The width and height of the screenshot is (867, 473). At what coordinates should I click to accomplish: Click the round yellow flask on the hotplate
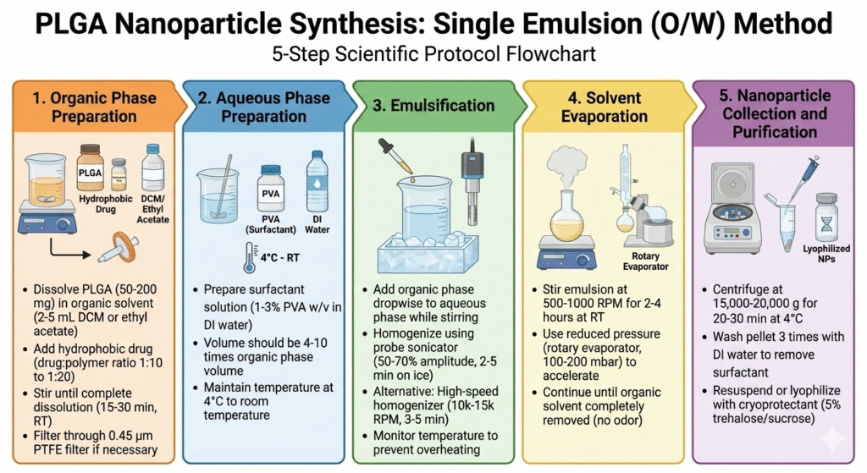coord(566,216)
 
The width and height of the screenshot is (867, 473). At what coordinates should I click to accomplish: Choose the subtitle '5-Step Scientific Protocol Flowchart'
coord(433,55)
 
